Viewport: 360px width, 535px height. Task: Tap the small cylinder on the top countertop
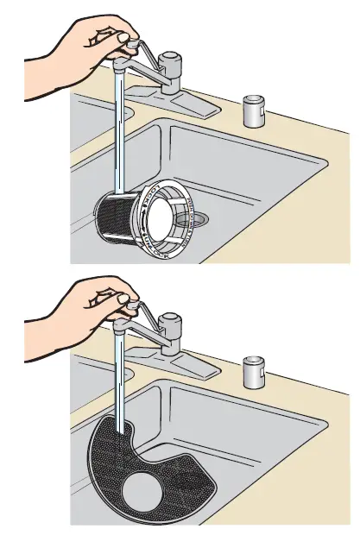(x=254, y=110)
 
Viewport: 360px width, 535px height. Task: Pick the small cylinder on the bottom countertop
(x=254, y=370)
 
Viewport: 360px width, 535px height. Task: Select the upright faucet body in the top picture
(x=172, y=72)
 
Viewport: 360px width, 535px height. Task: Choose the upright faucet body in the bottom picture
(x=172, y=337)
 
